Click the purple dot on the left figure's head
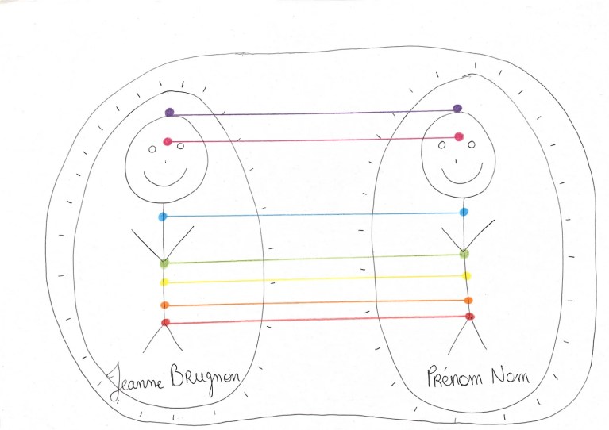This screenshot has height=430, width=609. [169, 113]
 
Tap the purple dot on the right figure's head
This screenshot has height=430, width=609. [457, 108]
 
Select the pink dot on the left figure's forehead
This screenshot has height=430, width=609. [168, 141]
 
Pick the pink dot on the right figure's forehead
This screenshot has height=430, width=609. [459, 136]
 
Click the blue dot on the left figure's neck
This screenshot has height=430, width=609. [163, 217]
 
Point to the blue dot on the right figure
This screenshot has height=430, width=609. [464, 212]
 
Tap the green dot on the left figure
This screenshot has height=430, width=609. [164, 263]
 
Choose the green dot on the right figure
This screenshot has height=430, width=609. [464, 254]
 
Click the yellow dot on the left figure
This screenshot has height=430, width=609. [164, 282]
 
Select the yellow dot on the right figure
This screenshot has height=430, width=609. [466, 276]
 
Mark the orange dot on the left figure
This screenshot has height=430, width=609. [164, 305]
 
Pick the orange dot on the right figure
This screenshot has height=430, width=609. [468, 301]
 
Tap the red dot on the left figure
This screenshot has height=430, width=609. [165, 322]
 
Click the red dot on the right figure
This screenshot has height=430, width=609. [469, 317]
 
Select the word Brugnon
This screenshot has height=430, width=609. [206, 379]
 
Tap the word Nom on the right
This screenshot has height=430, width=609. [510, 375]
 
